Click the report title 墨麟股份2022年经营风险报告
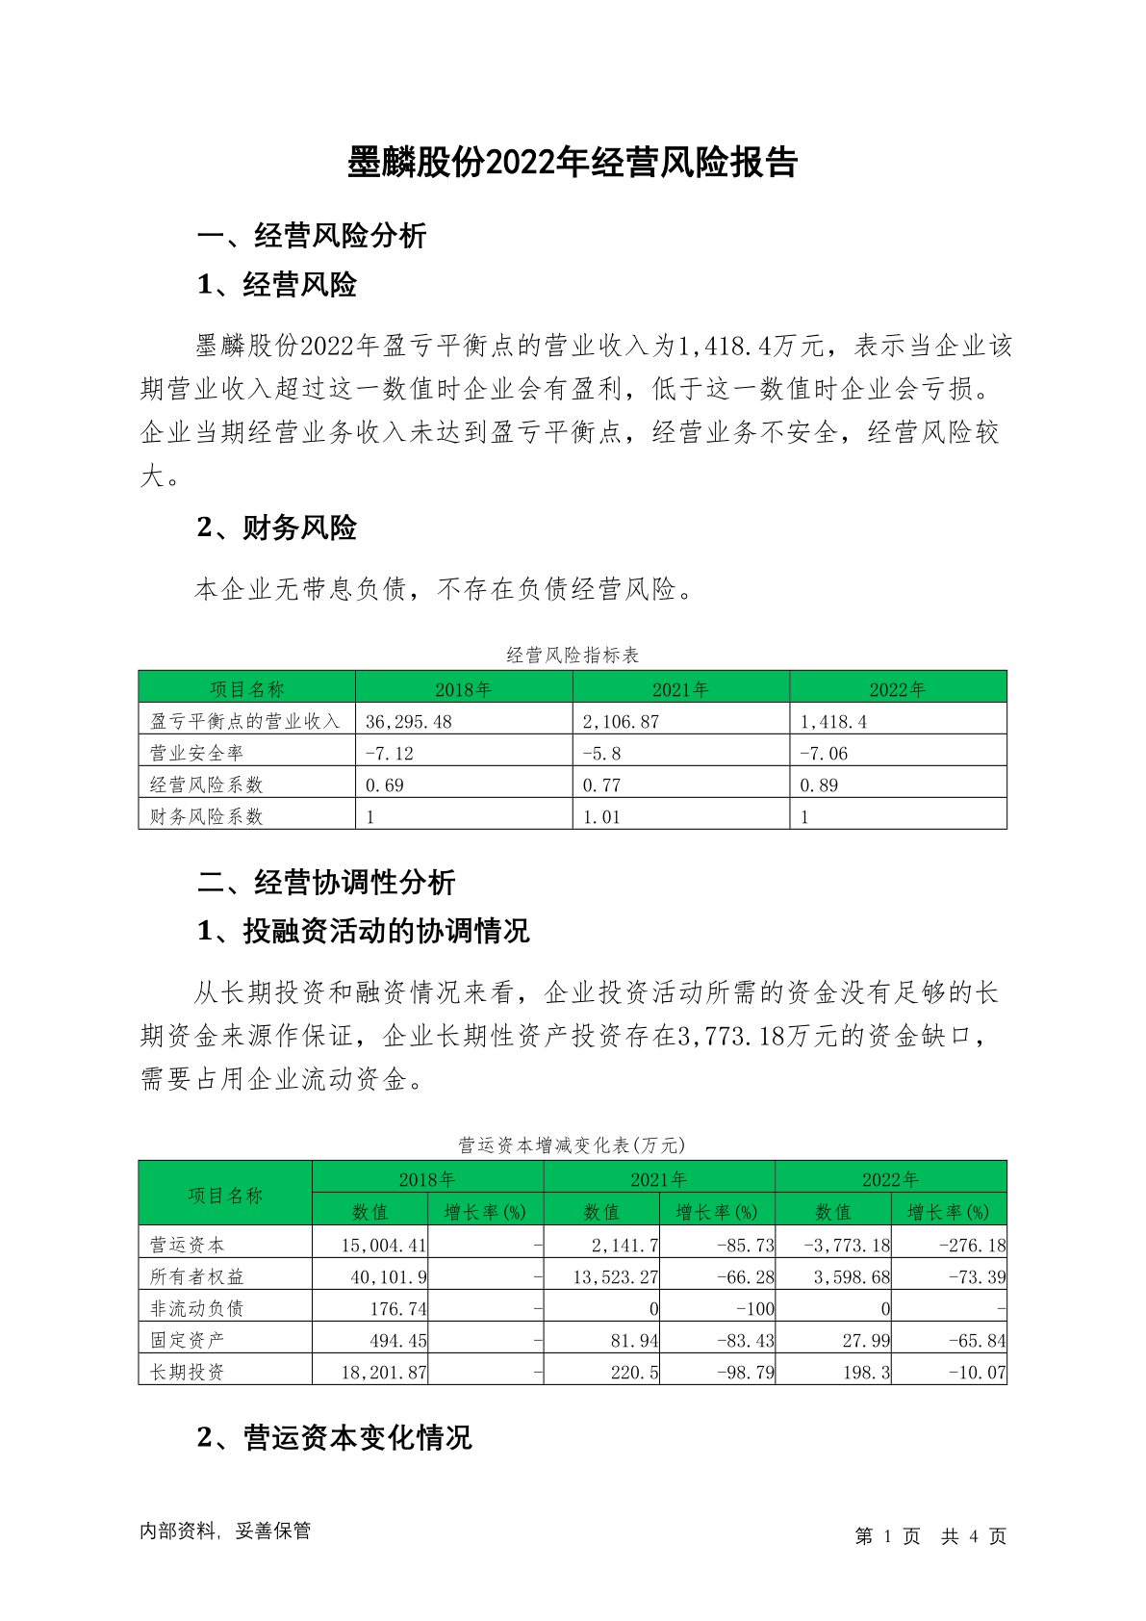point(573,163)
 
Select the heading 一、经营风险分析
point(312,236)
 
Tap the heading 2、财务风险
point(277,527)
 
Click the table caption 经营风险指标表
point(573,656)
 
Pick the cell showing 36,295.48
point(409,721)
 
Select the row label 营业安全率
point(197,753)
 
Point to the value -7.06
point(824,753)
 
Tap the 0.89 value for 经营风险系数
point(819,785)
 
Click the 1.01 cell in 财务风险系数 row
point(601,816)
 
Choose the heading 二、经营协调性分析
point(326,882)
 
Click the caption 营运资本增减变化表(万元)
point(573,1145)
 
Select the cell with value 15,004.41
point(384,1245)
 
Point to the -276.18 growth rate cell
point(972,1245)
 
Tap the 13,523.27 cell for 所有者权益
point(615,1276)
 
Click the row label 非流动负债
point(197,1308)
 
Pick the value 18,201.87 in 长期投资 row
point(384,1372)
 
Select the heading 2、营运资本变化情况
point(335,1437)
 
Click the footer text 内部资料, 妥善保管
point(225,1531)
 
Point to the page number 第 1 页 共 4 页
point(930,1536)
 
